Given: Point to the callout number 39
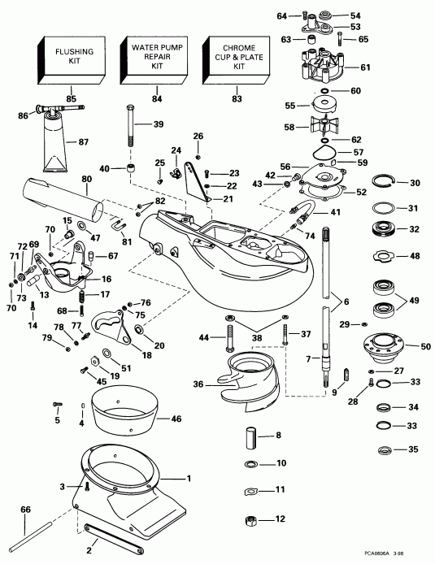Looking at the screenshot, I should tap(159, 124).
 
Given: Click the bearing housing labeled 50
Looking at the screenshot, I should tap(381, 345).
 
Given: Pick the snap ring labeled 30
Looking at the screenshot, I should tap(383, 182).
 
